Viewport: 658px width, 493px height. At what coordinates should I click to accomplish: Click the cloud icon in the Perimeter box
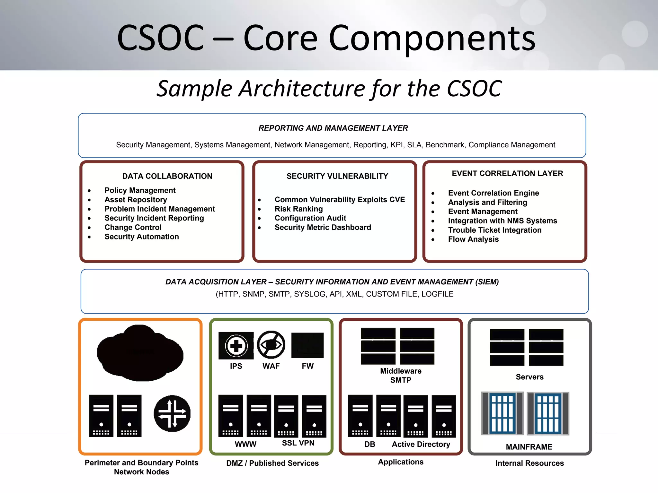tap(140, 353)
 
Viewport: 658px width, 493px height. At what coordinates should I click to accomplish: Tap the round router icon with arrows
tap(172, 413)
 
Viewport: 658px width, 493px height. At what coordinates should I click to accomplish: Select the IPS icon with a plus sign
tap(236, 346)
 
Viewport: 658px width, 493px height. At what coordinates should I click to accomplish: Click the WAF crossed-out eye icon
tap(271, 345)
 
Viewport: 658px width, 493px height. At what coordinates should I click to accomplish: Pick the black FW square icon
tap(307, 345)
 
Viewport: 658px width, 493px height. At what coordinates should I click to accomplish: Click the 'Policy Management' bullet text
tap(140, 190)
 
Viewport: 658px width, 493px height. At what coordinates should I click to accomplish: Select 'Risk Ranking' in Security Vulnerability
tap(298, 209)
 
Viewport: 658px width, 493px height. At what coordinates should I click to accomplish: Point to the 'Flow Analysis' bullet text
tap(473, 239)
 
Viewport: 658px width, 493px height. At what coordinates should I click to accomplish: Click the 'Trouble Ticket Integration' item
tap(495, 230)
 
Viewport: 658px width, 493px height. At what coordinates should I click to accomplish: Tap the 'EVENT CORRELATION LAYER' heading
tap(507, 173)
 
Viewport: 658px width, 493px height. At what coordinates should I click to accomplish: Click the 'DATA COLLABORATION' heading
tap(167, 176)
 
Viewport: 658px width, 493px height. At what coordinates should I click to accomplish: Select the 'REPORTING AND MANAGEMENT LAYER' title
tap(333, 128)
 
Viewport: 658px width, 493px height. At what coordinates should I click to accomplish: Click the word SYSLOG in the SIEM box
tap(310, 294)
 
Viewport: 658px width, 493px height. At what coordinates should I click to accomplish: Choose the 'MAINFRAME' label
tap(529, 447)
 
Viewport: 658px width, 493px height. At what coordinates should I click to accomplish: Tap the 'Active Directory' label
tap(421, 444)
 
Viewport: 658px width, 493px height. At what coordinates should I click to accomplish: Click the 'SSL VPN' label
tap(298, 443)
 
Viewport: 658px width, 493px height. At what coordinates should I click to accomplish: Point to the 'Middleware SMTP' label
tap(401, 376)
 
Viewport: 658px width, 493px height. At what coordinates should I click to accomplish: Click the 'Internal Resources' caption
tap(529, 463)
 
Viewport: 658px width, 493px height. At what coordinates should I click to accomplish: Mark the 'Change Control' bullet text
tap(133, 227)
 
